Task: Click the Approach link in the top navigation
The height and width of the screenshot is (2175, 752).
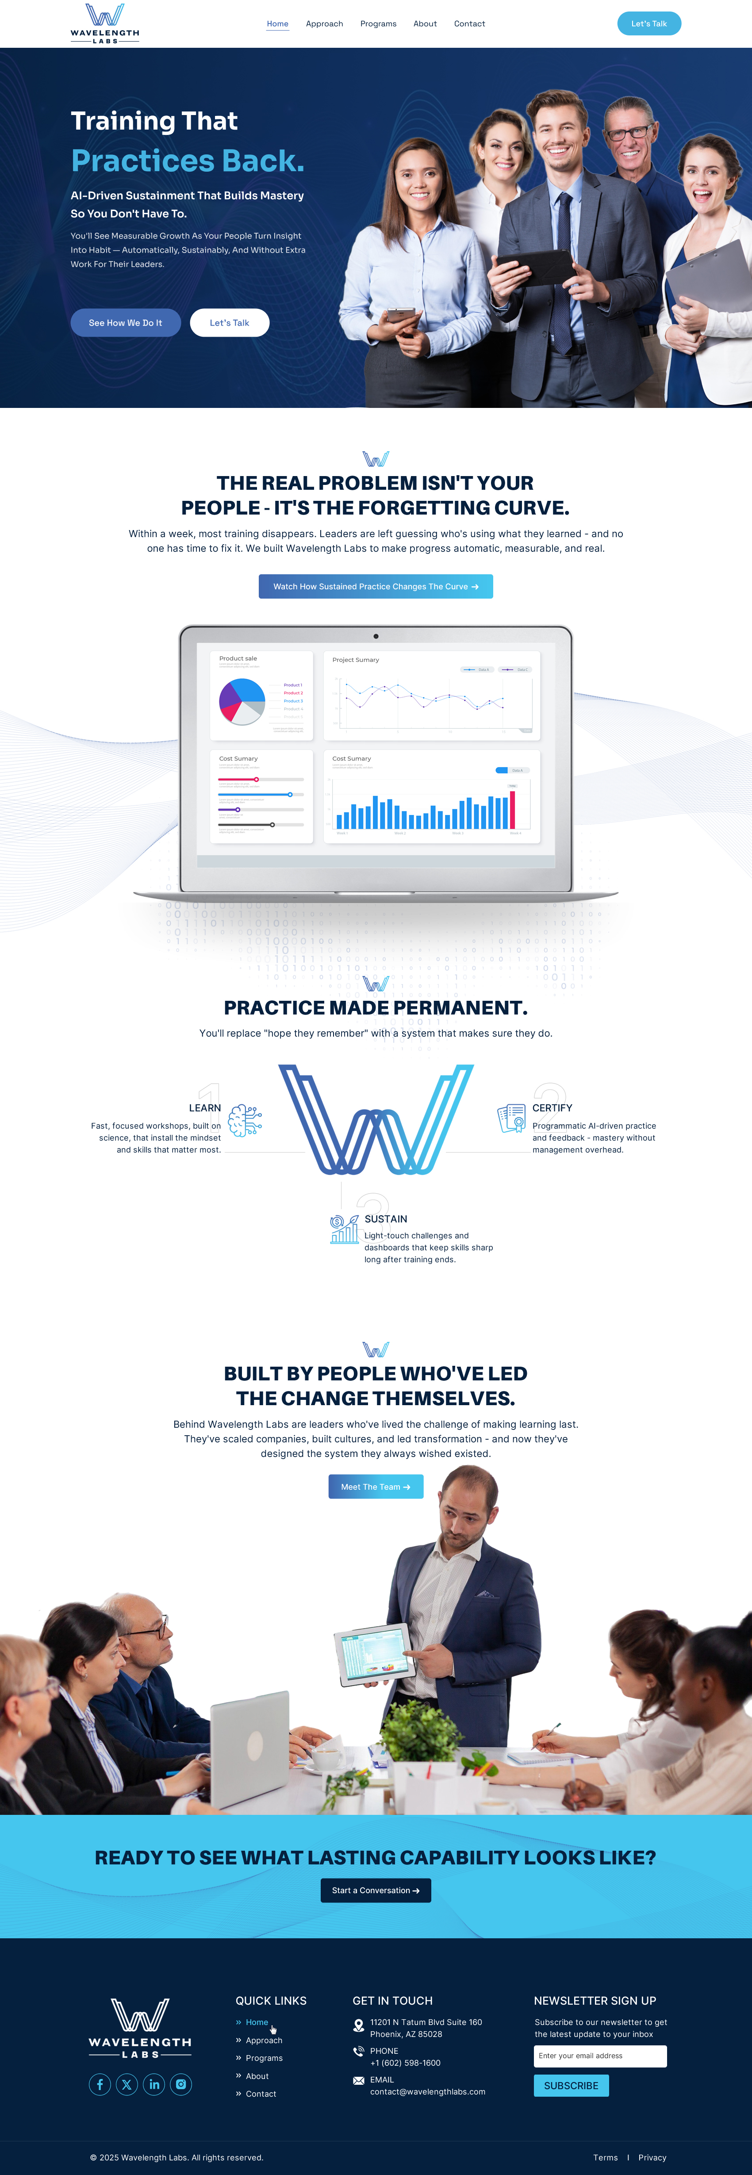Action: (324, 23)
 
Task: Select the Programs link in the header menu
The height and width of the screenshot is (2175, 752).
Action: (378, 23)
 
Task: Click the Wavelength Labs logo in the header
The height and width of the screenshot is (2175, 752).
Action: (105, 23)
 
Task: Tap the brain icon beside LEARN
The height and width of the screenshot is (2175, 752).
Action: (245, 1120)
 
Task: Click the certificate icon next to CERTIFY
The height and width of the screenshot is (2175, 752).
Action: (511, 1118)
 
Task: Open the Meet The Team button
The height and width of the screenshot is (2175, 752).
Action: (376, 1487)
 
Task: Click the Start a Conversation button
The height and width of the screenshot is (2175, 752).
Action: (376, 1891)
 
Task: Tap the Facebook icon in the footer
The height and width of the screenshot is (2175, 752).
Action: (100, 2085)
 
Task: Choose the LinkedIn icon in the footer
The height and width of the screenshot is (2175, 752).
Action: (153, 2085)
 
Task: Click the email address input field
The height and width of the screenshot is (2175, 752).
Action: (600, 2056)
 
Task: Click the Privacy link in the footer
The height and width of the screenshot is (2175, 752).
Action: (652, 2157)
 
